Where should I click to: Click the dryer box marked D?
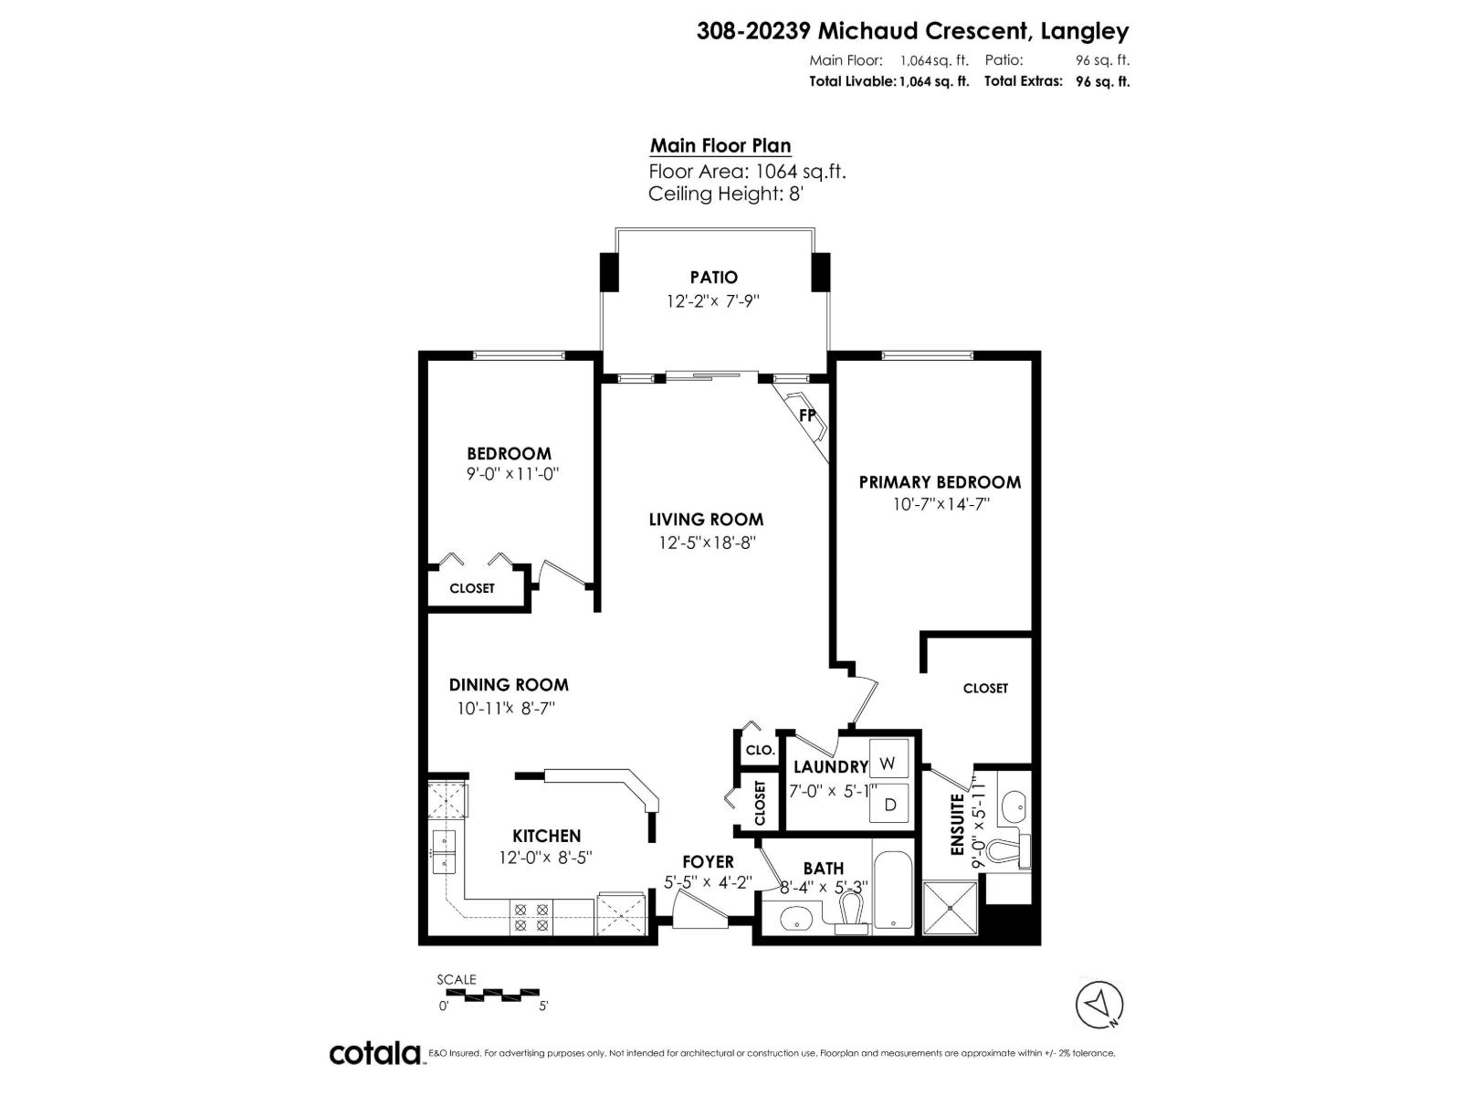tap(889, 805)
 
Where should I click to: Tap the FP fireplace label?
tap(807, 415)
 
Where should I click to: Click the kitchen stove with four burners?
tap(531, 917)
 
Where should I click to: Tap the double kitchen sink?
tap(444, 851)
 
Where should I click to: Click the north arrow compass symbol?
tap(1099, 1004)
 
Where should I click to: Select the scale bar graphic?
tap(489, 993)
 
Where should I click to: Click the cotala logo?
tap(375, 1053)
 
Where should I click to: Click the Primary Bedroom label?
tap(940, 482)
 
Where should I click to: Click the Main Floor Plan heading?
tap(720, 146)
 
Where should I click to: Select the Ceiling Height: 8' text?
tap(724, 194)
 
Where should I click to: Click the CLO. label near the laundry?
tap(760, 750)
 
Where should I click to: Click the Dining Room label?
tap(509, 685)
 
